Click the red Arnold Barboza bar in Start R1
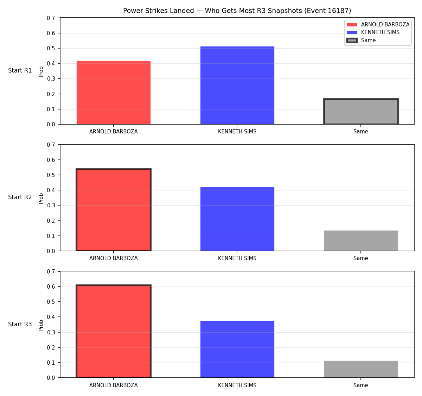[x=114, y=92]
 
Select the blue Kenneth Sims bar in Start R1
[x=237, y=85]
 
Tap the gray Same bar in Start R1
[x=361, y=111]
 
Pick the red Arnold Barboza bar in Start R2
[x=114, y=209]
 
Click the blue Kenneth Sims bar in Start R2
[x=237, y=219]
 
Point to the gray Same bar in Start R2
[x=361, y=241]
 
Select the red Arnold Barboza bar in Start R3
[x=114, y=331]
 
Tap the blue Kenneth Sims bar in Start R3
[x=237, y=349]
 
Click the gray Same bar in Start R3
[x=361, y=369]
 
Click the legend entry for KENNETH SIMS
[x=373, y=32]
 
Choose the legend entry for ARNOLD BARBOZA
[x=378, y=25]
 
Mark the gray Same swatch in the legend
[x=352, y=40]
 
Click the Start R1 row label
[x=20, y=70]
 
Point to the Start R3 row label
[x=20, y=324]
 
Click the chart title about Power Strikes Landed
[x=237, y=11]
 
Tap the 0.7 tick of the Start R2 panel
[x=51, y=145]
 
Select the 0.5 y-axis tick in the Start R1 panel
[x=51, y=48]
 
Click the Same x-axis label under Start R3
[x=360, y=385]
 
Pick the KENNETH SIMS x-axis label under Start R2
[x=237, y=258]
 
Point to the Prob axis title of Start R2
[x=41, y=199]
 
